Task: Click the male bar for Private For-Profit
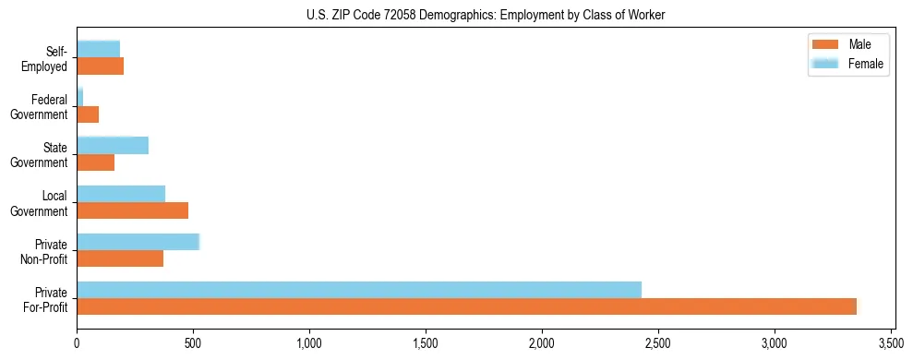coord(466,306)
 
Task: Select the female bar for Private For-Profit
coord(359,290)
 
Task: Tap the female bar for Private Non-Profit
coord(138,242)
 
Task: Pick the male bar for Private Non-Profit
coord(120,258)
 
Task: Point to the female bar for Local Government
coord(121,194)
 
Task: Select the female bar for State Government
coord(113,145)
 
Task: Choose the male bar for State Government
coord(95,162)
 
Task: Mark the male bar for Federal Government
coord(88,114)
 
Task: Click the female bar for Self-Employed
coord(98,49)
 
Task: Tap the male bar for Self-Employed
coord(100,66)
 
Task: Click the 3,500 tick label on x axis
coord(890,344)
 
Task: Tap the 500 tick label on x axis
coord(193,344)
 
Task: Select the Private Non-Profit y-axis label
coord(46,252)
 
